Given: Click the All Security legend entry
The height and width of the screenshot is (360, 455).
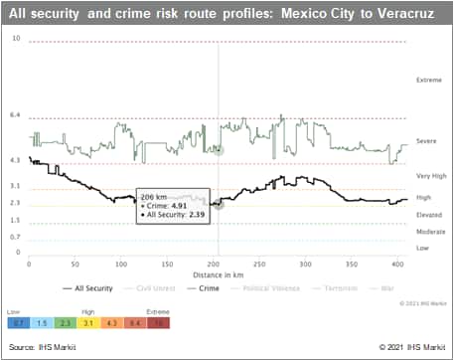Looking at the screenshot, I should click(89, 288).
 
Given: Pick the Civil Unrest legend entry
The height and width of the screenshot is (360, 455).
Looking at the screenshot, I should click(149, 288).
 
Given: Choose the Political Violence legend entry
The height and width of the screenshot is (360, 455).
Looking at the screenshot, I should click(265, 288).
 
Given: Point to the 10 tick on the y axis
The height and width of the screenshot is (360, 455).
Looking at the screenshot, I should click(16, 38).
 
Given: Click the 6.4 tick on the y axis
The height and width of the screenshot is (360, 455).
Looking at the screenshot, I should click(16, 115).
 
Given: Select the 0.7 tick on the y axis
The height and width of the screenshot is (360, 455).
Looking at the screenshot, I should click(16, 237).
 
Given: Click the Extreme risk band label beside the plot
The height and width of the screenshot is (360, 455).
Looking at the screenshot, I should click(429, 79).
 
